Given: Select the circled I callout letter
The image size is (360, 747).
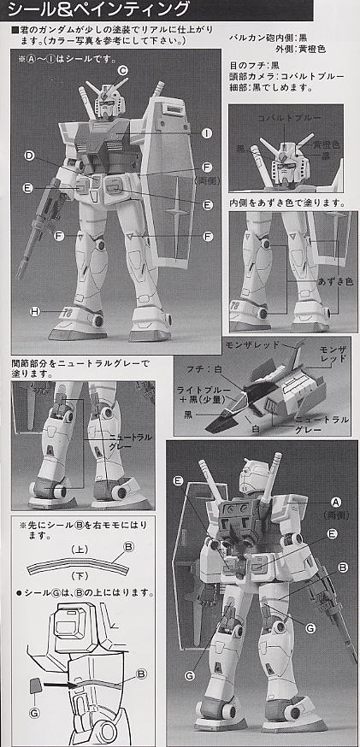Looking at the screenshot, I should pyautogui.click(x=207, y=133).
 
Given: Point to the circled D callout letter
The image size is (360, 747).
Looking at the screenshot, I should pyautogui.click(x=30, y=156).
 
